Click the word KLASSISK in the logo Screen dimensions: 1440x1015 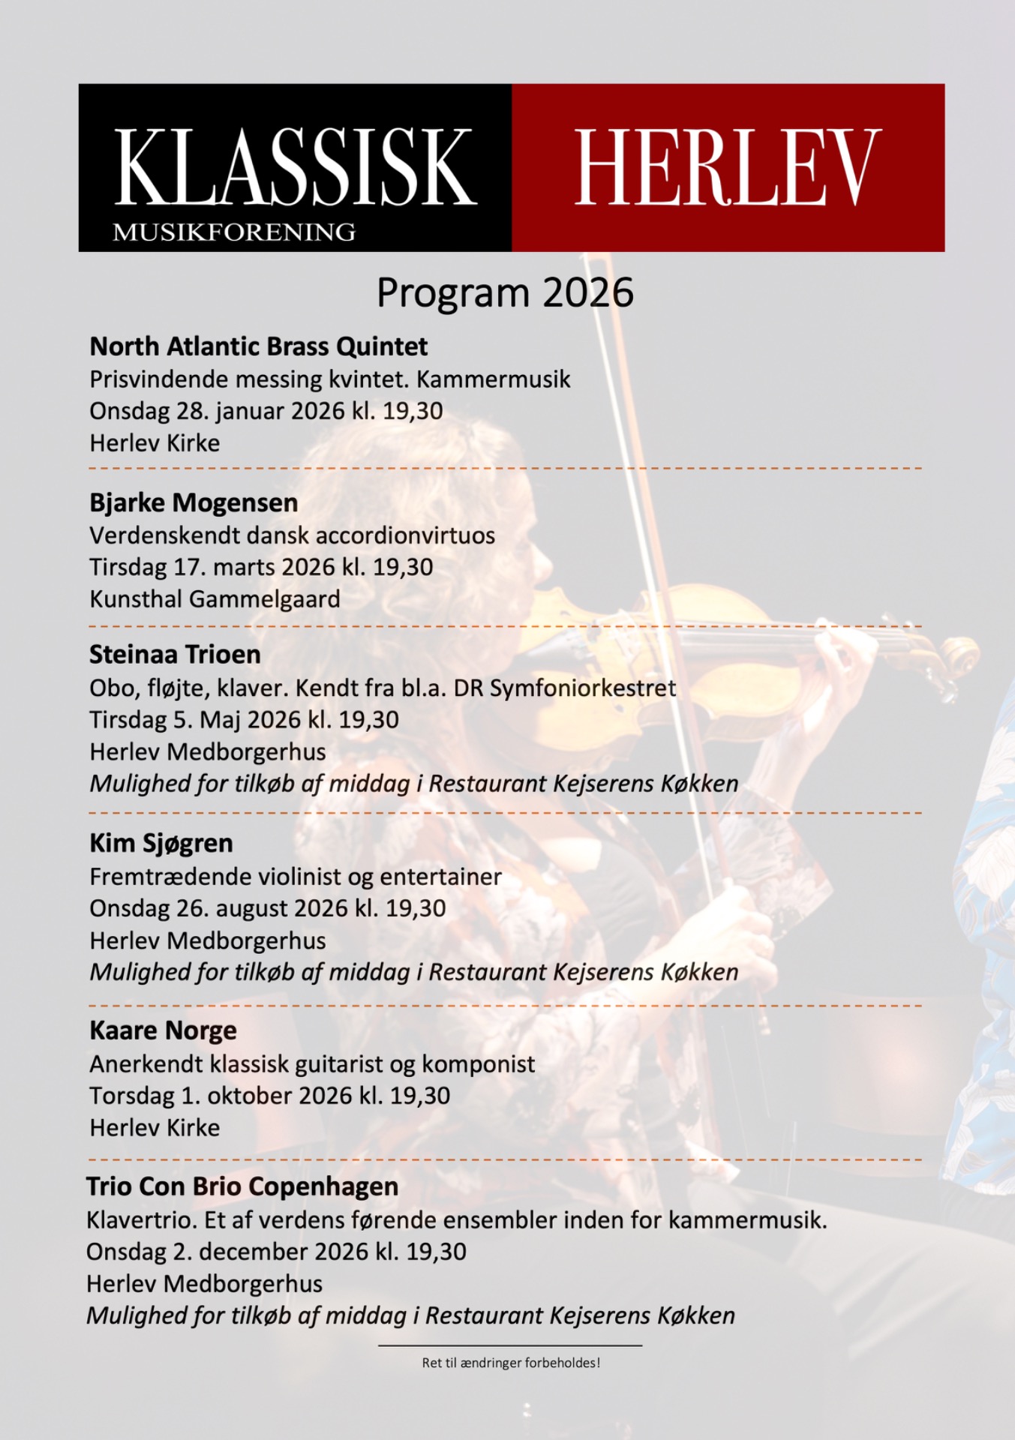[x=295, y=166]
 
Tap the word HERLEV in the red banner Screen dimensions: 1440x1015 [x=727, y=166]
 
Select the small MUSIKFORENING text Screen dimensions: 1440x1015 [x=234, y=232]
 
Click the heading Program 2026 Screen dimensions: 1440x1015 [x=505, y=293]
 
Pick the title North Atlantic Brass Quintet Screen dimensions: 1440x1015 [x=259, y=346]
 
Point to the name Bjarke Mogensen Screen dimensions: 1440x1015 [x=194, y=502]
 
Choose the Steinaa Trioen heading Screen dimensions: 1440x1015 [x=175, y=655]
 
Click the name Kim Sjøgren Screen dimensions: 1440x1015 [x=161, y=843]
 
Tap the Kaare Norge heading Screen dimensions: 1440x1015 [x=163, y=1030]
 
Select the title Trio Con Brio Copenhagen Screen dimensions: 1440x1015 [x=242, y=1186]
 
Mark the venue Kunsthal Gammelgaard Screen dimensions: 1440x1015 [x=215, y=599]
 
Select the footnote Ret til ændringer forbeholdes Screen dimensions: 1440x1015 [x=511, y=1363]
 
